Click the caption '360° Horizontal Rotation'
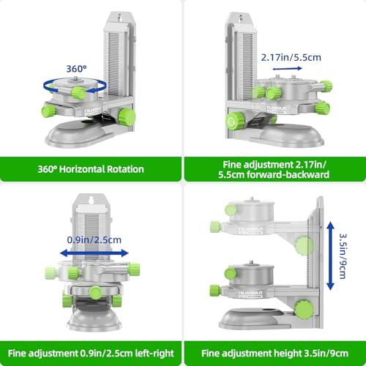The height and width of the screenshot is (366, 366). click(91, 169)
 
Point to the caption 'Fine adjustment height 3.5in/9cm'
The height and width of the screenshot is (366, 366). click(275, 352)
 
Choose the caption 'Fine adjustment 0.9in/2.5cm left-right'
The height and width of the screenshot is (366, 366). click(91, 352)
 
